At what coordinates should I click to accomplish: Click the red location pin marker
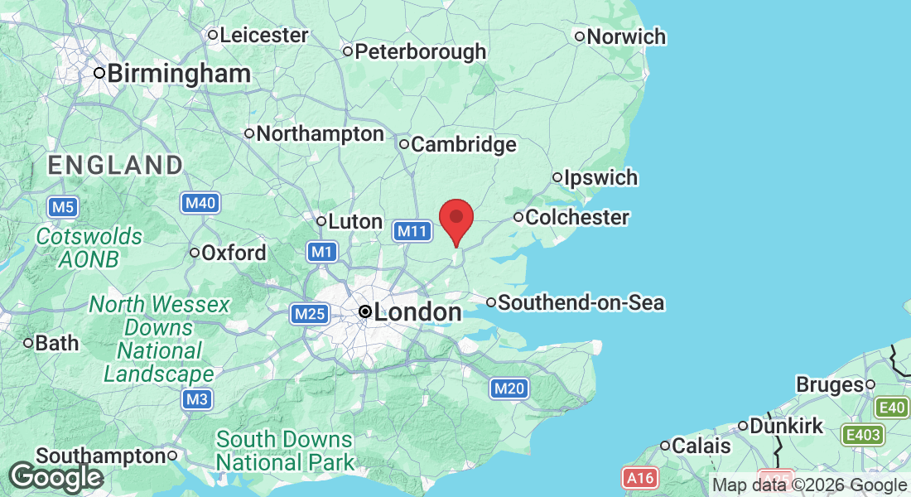pos(455,220)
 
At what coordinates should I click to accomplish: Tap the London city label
pos(417,312)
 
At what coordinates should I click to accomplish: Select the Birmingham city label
pos(179,73)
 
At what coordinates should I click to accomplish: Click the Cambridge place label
pos(463,145)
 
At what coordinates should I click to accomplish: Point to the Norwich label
pos(626,36)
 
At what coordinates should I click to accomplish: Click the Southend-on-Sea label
pos(581,302)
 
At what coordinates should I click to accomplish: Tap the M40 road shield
pos(200,203)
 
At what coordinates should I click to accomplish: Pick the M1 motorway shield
pos(321,252)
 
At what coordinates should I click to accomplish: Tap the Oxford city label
pos(234,253)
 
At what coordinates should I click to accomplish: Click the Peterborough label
pos(420,51)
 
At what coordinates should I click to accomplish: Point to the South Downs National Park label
pos(284,450)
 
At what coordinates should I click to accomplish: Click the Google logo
pos(56,477)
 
